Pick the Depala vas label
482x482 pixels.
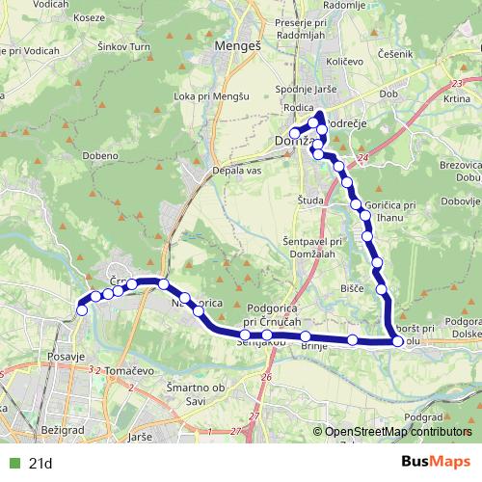pyautogui.click(x=237, y=170)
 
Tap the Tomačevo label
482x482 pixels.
pyautogui.click(x=120, y=371)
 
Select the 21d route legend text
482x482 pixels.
pyautogui.click(x=40, y=464)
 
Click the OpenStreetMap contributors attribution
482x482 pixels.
pyautogui.click(x=399, y=433)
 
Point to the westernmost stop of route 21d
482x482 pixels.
pyautogui.click(x=82, y=309)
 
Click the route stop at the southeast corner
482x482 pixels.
pyautogui.click(x=397, y=340)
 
